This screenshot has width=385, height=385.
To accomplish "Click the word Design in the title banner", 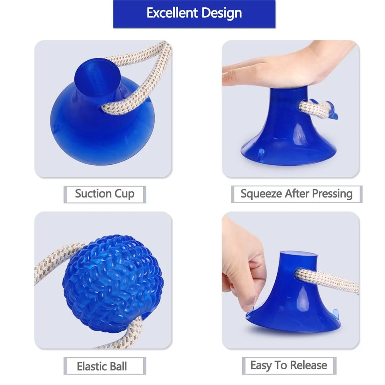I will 221,13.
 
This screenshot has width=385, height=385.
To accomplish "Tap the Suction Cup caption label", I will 105,193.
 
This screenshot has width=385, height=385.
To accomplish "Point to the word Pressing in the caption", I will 332,193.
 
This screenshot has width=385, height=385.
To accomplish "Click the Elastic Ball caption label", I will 102,366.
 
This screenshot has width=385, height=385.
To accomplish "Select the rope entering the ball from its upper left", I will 54,262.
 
